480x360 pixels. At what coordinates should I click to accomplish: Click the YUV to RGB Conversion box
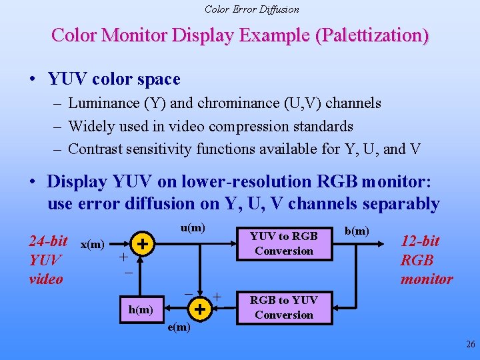(x=284, y=243)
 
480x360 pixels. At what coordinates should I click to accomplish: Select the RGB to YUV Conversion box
(x=284, y=307)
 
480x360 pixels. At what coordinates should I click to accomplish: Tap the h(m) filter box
(x=140, y=309)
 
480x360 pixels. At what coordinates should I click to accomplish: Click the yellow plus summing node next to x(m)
(x=141, y=244)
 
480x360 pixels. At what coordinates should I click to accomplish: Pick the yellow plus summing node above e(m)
(x=198, y=308)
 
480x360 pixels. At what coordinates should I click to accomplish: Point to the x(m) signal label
(x=92, y=244)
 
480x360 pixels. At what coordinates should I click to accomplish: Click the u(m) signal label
(x=193, y=228)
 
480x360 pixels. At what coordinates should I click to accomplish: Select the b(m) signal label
(x=357, y=231)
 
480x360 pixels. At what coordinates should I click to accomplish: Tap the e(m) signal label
(x=179, y=327)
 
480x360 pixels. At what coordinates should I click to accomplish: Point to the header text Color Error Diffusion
(x=251, y=9)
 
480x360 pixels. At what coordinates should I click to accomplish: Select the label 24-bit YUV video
(x=47, y=259)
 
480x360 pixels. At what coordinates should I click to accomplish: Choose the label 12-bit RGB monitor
(x=426, y=260)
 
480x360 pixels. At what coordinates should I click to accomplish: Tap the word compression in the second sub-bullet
(x=249, y=126)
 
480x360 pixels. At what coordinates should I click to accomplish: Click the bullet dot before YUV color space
(x=33, y=79)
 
